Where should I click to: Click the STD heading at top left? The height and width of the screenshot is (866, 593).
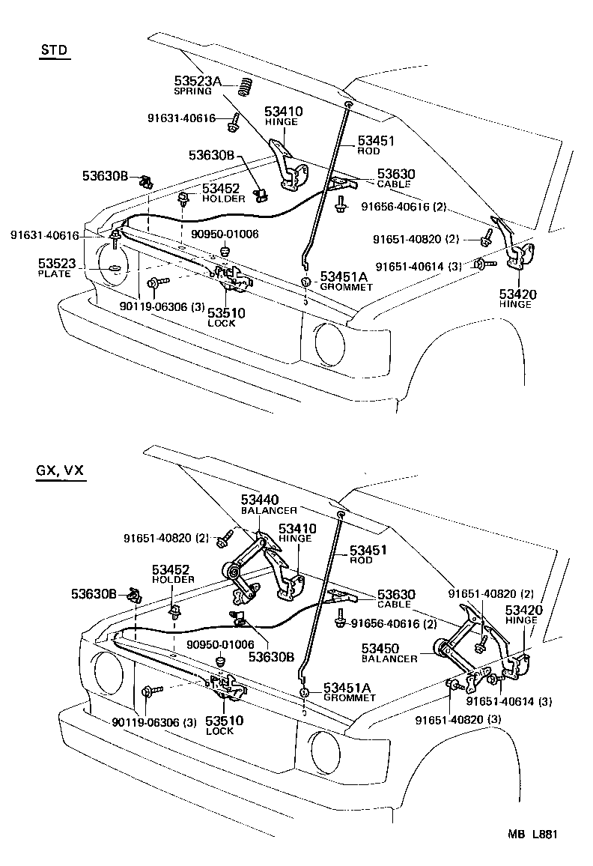(54, 50)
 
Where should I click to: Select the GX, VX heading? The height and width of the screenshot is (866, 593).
(60, 471)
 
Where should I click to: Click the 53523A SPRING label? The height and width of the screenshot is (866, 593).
(199, 85)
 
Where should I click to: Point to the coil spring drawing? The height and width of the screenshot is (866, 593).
(243, 86)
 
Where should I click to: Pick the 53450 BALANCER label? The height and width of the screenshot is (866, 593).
(389, 652)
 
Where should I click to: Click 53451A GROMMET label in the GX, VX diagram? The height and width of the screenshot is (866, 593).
(349, 691)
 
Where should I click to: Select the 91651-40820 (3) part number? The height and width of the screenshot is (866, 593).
(454, 720)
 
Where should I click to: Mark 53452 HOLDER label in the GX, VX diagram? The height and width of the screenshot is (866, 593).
(174, 574)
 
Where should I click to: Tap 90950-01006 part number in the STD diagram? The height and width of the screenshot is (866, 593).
(225, 234)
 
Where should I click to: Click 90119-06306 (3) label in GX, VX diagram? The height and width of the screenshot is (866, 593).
(154, 722)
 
